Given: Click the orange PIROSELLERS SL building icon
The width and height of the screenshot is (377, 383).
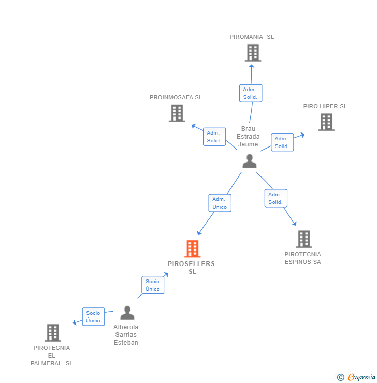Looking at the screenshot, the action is [x=192, y=248].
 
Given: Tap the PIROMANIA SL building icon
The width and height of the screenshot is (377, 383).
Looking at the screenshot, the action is [x=253, y=53].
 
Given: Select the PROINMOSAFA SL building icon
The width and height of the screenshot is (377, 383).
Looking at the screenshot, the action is [x=177, y=113].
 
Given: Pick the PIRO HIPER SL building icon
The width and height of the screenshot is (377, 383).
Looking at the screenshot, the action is [x=326, y=122].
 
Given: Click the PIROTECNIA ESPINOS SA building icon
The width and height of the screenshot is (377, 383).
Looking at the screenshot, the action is [x=304, y=239].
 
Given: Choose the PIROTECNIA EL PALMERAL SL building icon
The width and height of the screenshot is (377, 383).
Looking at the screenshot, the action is [x=53, y=333].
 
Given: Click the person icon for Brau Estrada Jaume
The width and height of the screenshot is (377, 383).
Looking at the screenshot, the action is [x=250, y=161].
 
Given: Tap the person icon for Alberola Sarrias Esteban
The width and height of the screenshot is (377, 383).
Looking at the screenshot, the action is [x=127, y=313].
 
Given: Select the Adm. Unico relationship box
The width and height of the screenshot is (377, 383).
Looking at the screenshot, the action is [x=220, y=203].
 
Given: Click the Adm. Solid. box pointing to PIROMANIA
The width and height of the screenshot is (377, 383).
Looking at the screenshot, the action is [x=251, y=93].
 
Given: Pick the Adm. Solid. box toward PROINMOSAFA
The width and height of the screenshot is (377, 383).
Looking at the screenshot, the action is [x=214, y=137].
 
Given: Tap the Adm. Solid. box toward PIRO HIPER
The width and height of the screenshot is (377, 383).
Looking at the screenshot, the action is [x=282, y=142].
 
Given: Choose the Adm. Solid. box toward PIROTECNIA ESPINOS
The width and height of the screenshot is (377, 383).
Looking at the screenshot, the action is [x=276, y=198].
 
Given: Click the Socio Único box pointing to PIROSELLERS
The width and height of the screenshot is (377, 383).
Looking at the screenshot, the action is [x=153, y=285].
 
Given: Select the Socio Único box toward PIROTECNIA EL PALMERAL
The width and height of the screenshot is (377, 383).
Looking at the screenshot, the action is [x=93, y=317].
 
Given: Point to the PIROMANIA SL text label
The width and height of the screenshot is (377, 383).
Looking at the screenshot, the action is [x=252, y=37].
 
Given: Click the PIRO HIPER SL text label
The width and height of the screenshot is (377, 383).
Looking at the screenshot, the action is [x=325, y=106].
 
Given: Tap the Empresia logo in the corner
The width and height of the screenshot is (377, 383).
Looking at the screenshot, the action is [x=356, y=377].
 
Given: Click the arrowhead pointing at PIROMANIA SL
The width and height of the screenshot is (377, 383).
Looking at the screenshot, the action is [x=251, y=66].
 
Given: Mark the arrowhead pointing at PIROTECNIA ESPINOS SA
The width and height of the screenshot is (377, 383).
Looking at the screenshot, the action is [x=295, y=223].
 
